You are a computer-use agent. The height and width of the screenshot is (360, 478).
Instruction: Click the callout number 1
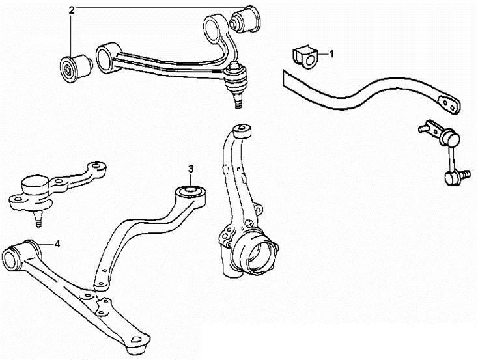click(331, 54)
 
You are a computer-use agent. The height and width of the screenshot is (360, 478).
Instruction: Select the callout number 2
click(72, 10)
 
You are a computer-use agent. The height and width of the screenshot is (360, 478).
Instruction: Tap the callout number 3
click(191, 169)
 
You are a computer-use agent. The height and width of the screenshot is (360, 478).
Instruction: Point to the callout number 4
click(57, 244)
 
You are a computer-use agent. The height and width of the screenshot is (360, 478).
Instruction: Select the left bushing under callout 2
click(76, 68)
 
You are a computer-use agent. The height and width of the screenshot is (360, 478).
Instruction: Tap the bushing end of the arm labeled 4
click(13, 258)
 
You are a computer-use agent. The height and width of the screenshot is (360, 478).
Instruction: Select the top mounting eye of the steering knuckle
click(242, 131)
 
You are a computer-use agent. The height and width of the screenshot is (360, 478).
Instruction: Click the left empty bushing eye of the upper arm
click(104, 58)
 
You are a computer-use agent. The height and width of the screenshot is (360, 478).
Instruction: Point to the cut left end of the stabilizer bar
click(284, 79)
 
